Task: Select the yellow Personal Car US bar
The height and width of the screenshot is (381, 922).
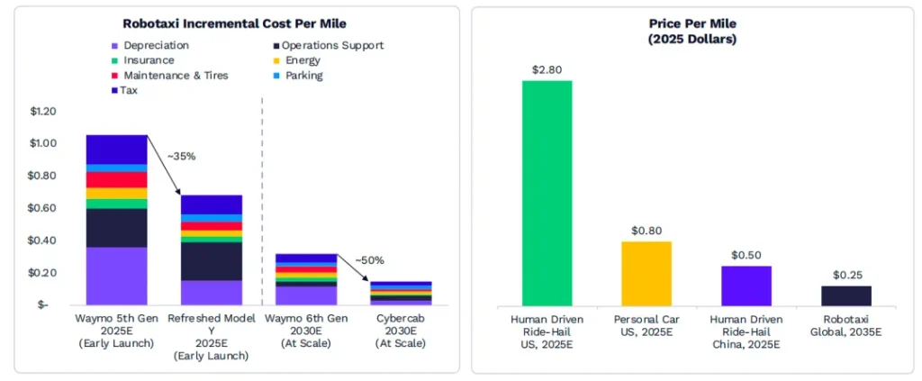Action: click(x=646, y=273)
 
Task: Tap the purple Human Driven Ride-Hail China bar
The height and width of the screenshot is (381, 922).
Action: click(x=746, y=285)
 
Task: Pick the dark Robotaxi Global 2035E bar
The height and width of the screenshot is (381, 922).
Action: click(x=845, y=295)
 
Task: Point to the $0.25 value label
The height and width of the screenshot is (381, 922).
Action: click(x=845, y=275)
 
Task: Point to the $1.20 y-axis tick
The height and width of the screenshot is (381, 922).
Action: click(x=44, y=111)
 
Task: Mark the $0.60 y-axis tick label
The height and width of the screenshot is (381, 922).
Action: click(x=44, y=208)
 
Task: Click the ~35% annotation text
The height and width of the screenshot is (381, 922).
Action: click(x=180, y=156)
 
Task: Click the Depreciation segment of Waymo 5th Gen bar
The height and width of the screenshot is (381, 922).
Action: click(x=116, y=275)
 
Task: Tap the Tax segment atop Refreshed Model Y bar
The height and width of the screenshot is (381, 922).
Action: click(x=211, y=204)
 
